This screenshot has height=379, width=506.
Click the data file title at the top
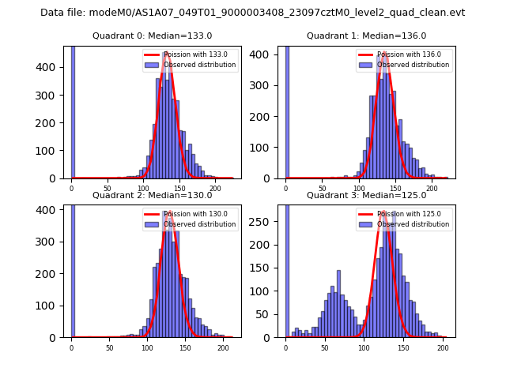[x=252, y=13]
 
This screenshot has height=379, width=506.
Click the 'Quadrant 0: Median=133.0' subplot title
[x=152, y=36]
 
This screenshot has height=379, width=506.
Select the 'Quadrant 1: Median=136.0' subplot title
[x=366, y=36]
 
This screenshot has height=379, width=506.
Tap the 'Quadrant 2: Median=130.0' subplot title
[x=152, y=195]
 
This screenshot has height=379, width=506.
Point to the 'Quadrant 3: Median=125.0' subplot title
[x=366, y=195]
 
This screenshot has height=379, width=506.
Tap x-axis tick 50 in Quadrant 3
[x=324, y=347]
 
